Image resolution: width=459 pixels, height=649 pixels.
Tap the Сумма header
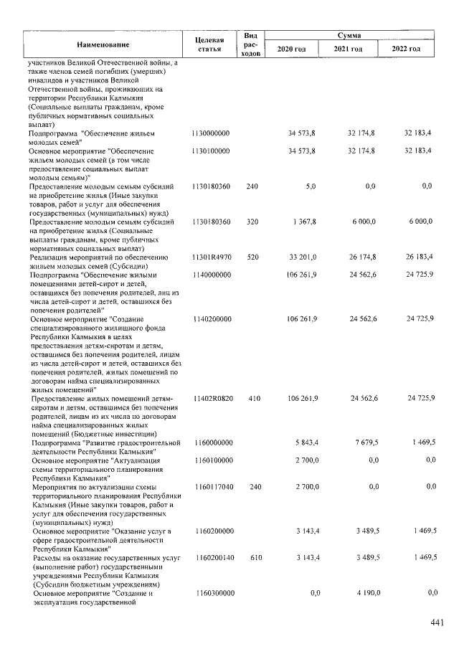tap(349, 34)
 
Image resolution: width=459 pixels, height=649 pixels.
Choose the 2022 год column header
tap(406, 49)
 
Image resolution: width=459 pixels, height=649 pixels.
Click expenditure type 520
tap(252, 257)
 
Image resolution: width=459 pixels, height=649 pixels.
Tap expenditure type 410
tap(252, 398)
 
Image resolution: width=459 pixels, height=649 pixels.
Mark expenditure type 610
tap(252, 557)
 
